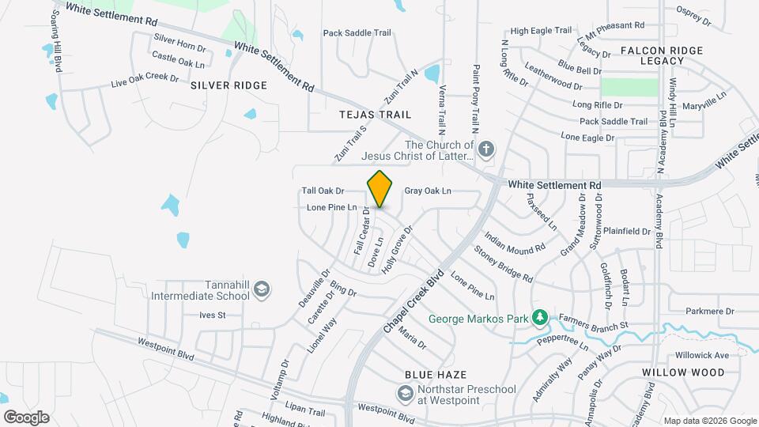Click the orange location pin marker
click(380, 189)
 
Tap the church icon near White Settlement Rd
click(487, 148)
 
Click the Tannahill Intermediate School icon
click(261, 291)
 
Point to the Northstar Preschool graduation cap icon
click(406, 393)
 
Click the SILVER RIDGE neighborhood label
click(228, 85)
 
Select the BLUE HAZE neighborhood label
click(435, 374)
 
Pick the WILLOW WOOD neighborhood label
click(683, 372)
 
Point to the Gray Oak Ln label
click(427, 191)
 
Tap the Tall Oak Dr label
click(323, 191)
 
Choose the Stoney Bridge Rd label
click(503, 264)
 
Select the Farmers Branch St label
click(593, 322)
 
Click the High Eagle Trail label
click(541, 31)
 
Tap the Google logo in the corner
click(26, 417)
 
